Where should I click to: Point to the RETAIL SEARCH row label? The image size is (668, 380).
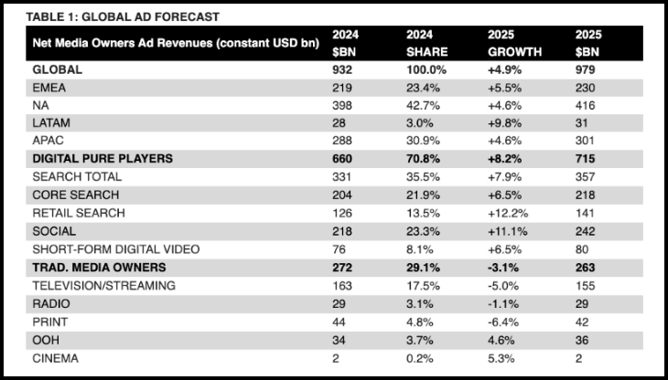pyautogui.click(x=79, y=213)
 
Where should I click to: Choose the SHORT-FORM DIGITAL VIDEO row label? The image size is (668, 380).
pyautogui.click(x=116, y=249)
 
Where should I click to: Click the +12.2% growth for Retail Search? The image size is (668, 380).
pyautogui.click(x=508, y=213)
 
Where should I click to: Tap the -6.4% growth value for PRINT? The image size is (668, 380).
pyautogui.click(x=504, y=322)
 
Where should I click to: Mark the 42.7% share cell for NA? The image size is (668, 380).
pyautogui.click(x=424, y=105)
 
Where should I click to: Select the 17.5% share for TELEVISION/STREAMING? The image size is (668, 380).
pyautogui.click(x=424, y=285)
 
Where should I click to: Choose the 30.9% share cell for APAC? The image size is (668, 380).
pyautogui.click(x=424, y=141)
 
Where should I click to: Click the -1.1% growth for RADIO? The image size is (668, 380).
pyautogui.click(x=503, y=303)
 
